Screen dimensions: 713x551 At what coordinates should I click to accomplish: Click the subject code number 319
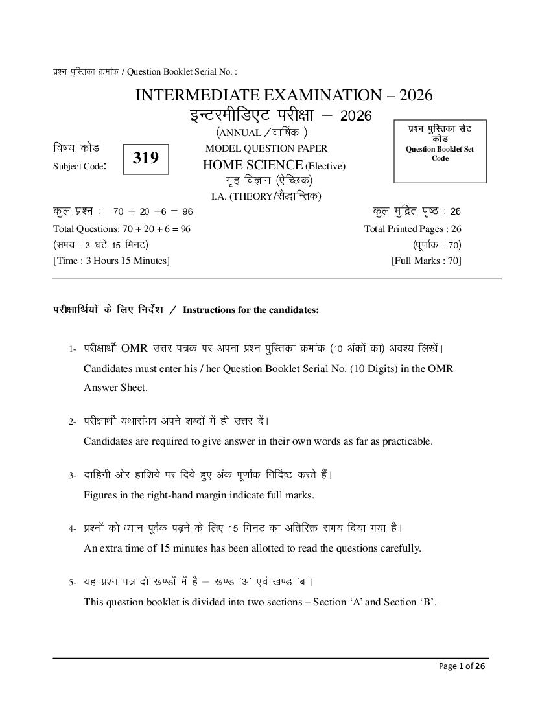[146, 158]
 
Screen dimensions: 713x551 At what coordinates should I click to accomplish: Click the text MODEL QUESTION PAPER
[266, 148]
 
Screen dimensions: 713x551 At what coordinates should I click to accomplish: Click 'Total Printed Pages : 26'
[413, 229]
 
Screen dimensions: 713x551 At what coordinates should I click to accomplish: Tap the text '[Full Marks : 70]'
[426, 261]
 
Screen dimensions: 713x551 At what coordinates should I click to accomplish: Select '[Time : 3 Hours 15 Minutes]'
[111, 261]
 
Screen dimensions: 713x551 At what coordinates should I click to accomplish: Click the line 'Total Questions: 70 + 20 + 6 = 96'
[122, 229]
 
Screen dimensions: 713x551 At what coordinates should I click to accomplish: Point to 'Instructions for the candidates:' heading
[251, 310]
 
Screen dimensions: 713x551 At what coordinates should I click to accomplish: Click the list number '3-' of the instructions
[73, 476]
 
